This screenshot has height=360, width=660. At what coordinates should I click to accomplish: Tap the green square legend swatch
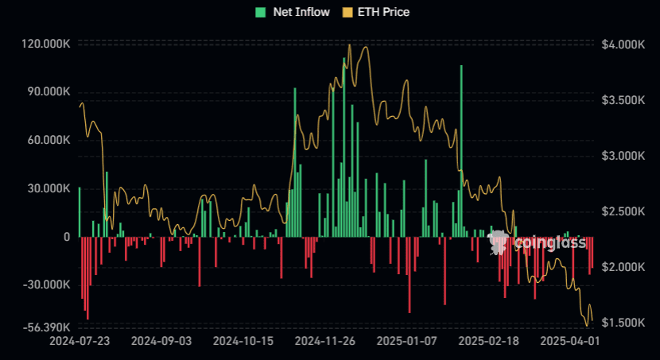click(x=260, y=12)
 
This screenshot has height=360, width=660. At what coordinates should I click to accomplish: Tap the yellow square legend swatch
click(x=347, y=12)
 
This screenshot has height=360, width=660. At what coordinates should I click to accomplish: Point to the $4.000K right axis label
click(x=623, y=45)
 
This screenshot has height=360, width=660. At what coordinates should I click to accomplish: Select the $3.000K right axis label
click(x=623, y=156)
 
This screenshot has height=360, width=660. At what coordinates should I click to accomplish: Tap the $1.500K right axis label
click(x=623, y=322)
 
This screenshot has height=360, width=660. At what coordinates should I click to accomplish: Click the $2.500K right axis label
click(x=623, y=211)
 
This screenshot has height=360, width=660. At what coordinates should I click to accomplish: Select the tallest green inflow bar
click(x=460, y=151)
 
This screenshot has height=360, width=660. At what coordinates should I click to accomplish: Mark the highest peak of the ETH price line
click(x=350, y=46)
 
